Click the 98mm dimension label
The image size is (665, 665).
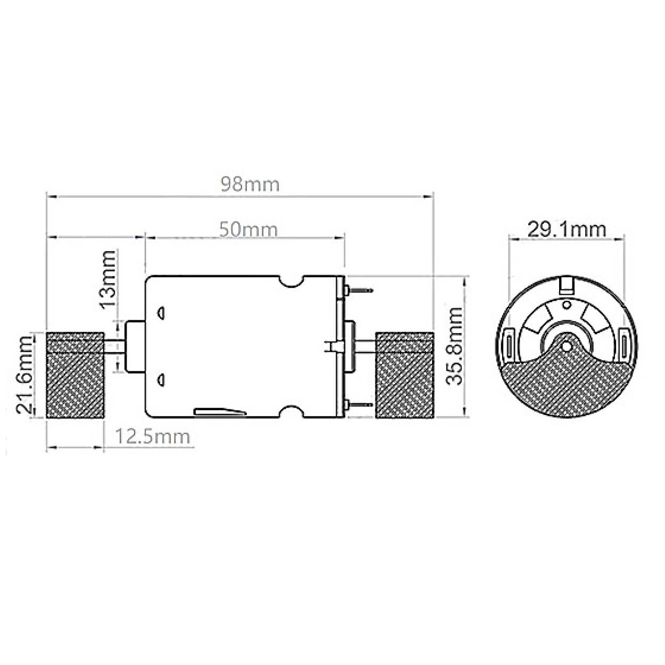(250, 184)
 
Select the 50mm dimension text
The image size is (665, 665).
(248, 229)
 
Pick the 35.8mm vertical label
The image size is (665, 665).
(455, 346)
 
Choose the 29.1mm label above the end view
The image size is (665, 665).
(566, 229)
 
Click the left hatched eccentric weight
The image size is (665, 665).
(75, 375)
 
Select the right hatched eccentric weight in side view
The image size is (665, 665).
(404, 375)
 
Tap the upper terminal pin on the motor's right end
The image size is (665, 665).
(360, 290)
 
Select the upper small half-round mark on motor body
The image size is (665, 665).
(161, 312)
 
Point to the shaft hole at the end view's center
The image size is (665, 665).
(566, 345)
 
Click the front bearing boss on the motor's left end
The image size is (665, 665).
(134, 346)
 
